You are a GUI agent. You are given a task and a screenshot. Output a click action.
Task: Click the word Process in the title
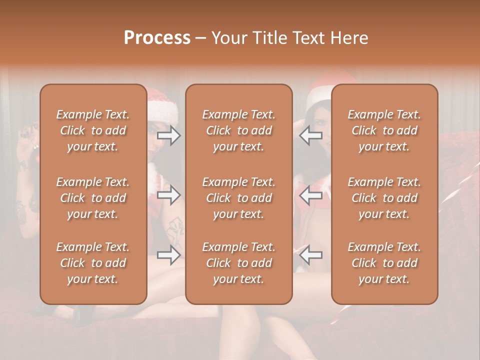(x=157, y=38)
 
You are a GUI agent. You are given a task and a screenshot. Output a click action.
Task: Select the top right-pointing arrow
(x=169, y=135)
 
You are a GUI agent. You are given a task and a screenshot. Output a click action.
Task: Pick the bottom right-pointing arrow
(x=169, y=255)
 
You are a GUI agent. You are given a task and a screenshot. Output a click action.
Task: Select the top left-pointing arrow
(x=311, y=135)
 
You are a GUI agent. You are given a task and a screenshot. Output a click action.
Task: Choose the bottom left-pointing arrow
(x=311, y=255)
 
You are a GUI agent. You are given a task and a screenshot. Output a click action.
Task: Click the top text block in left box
(x=93, y=130)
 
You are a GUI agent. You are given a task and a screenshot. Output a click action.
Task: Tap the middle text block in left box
(x=93, y=198)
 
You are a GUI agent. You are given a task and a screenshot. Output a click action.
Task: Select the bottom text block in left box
(x=93, y=263)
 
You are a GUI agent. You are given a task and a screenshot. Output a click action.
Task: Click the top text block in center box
(x=238, y=130)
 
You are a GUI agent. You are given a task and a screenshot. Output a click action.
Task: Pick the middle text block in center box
(x=238, y=198)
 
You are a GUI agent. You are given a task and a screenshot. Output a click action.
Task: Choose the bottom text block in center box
(x=238, y=263)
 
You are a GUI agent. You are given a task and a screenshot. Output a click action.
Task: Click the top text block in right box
(x=384, y=130)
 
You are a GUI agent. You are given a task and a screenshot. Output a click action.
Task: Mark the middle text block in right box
(x=384, y=198)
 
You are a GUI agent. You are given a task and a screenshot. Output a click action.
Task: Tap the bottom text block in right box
(x=384, y=263)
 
